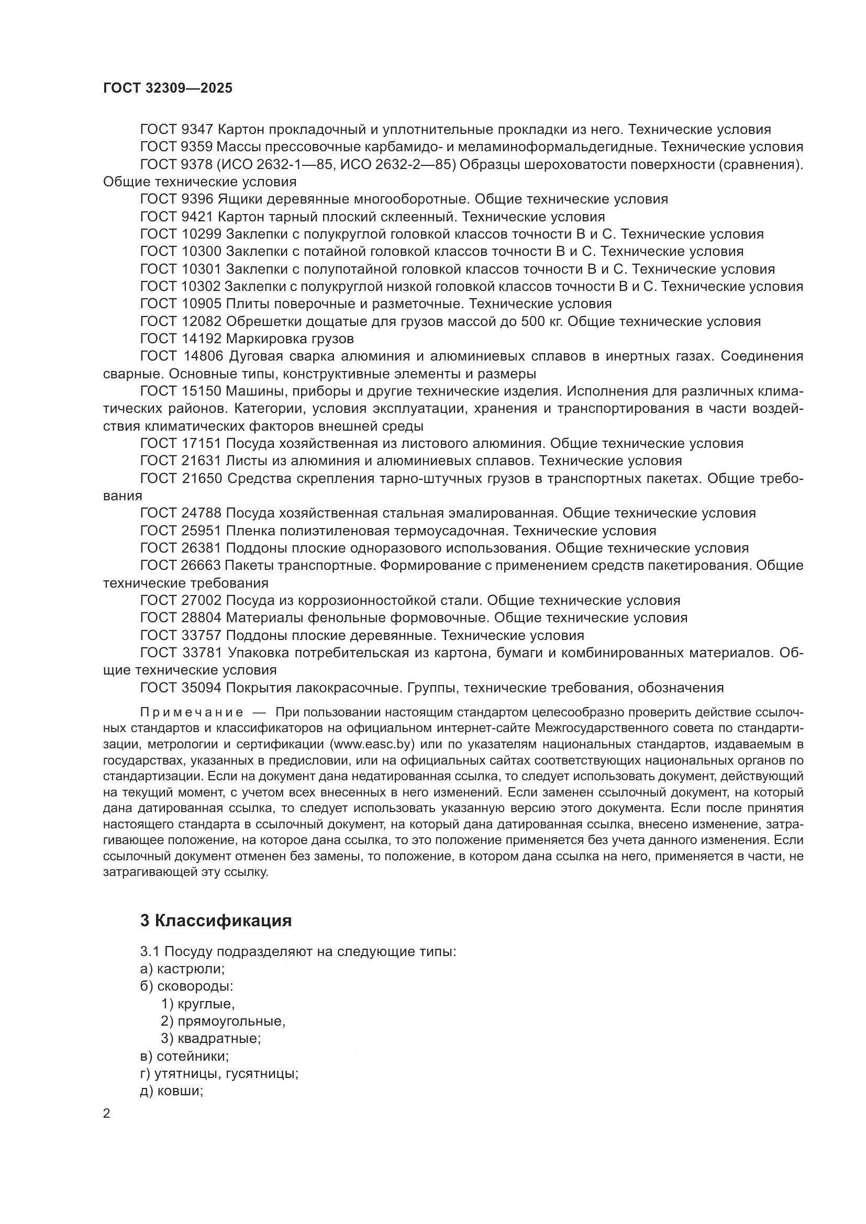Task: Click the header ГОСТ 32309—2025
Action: tap(168, 88)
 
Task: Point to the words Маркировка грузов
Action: tap(290, 339)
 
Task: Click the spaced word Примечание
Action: tap(192, 713)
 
